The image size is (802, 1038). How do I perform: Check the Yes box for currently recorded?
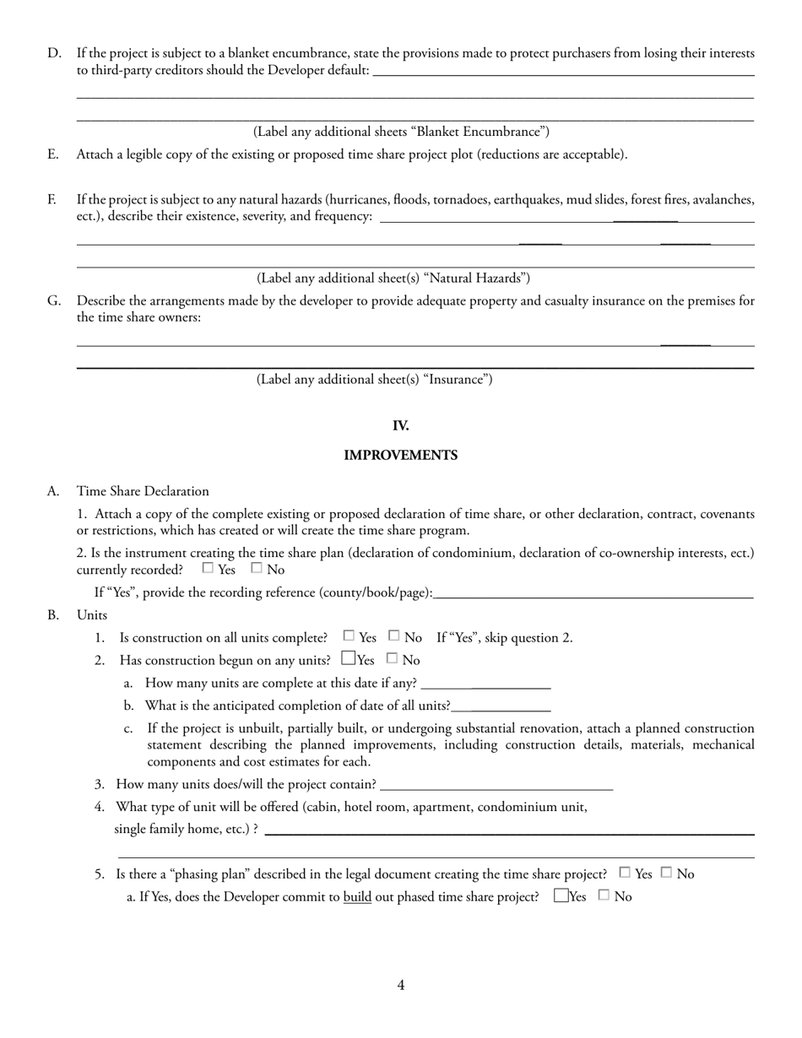tap(208, 569)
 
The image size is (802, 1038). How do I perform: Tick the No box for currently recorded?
tap(257, 569)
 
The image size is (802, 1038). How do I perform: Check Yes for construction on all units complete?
tap(349, 636)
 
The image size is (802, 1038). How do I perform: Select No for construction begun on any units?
tap(392, 658)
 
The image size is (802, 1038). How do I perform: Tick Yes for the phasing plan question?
tap(625, 873)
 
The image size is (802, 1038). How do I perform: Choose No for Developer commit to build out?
tap(604, 895)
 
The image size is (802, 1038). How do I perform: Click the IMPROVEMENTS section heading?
tap(400, 456)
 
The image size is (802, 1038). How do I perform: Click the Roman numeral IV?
tap(400, 426)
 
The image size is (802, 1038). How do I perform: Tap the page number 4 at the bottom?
tap(401, 985)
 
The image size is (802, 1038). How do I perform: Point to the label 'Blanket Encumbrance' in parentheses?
tap(401, 132)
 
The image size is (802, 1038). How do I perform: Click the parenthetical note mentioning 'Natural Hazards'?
tap(393, 278)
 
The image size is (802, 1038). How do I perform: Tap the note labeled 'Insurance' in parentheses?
tap(374, 380)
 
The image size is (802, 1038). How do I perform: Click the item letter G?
tap(53, 300)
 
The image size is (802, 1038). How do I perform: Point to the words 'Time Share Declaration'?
tap(143, 491)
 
